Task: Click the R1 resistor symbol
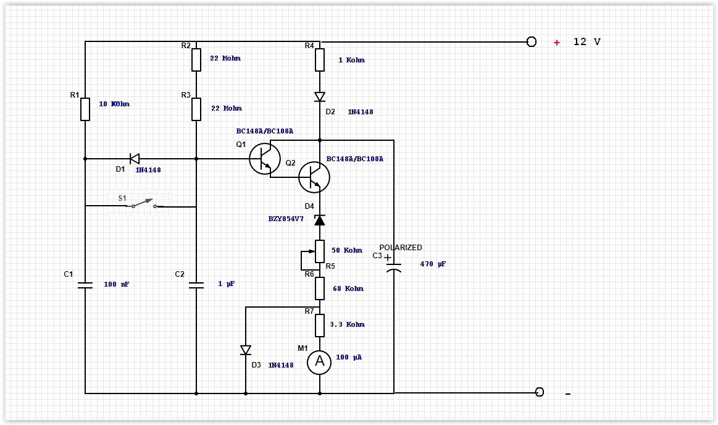point(85,109)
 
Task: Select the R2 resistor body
point(196,60)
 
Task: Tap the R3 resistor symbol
point(196,109)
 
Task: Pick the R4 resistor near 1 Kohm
point(320,60)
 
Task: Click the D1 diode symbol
point(134,159)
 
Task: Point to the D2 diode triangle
point(320,97)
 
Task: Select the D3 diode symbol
point(246,350)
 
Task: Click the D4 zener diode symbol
point(320,220)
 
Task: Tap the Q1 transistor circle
point(265,159)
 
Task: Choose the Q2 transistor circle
point(314,177)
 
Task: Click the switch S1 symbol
point(143,203)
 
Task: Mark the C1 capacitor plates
point(85,285)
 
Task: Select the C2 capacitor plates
point(196,285)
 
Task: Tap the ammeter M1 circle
point(320,361)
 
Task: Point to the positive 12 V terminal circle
point(532,41)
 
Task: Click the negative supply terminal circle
point(540,392)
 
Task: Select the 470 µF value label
point(433,264)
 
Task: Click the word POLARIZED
point(401,248)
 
